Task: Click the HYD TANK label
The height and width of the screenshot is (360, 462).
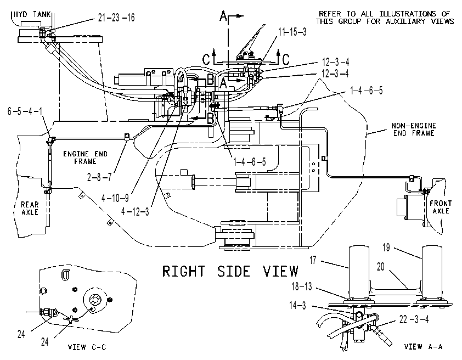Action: [x=32, y=14]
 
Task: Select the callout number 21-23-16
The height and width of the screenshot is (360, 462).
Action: [x=116, y=18]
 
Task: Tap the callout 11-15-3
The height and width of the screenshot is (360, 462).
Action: [x=292, y=32]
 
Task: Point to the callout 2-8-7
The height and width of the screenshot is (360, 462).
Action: [x=99, y=177]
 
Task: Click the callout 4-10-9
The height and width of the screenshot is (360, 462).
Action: [x=115, y=198]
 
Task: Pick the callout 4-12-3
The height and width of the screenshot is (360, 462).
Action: [x=135, y=211]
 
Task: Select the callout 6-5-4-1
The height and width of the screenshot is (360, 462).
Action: [x=25, y=111]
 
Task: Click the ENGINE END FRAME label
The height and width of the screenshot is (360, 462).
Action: [x=85, y=157]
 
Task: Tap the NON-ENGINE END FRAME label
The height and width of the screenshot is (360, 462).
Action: [x=414, y=130]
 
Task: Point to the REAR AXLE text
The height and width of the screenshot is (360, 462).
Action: [x=30, y=209]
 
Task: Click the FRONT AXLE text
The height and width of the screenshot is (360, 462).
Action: [x=441, y=207]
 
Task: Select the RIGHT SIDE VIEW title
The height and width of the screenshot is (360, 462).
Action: [x=230, y=271]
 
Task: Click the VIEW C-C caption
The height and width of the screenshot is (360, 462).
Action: [x=87, y=347]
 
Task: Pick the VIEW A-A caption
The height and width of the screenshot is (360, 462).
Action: [x=423, y=347]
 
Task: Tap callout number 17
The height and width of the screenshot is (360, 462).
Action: [x=313, y=260]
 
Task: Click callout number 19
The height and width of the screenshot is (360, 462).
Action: [x=386, y=248]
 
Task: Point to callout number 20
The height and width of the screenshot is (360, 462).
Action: [x=381, y=267]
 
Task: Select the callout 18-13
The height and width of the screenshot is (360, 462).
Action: [x=302, y=286]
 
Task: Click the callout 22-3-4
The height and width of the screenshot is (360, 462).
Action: [x=414, y=319]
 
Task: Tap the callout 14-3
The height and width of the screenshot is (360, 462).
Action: [x=297, y=305]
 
